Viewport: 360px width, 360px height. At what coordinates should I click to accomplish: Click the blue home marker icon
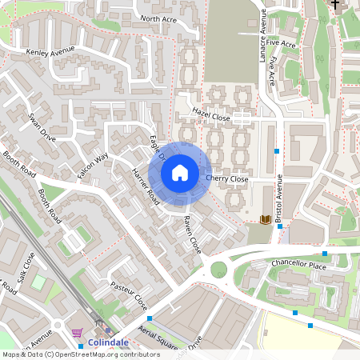click(x=180, y=172)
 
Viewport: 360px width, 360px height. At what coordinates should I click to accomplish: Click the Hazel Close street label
click(x=212, y=117)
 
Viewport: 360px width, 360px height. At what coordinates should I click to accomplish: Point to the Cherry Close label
click(x=227, y=179)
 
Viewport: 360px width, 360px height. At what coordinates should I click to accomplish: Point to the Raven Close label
click(x=192, y=235)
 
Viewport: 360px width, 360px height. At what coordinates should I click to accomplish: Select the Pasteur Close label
click(x=129, y=295)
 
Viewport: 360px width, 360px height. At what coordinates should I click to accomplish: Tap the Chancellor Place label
click(x=300, y=265)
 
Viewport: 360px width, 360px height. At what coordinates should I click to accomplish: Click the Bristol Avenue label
click(x=280, y=195)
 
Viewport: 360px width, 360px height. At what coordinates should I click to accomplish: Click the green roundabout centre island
click(x=218, y=270)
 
